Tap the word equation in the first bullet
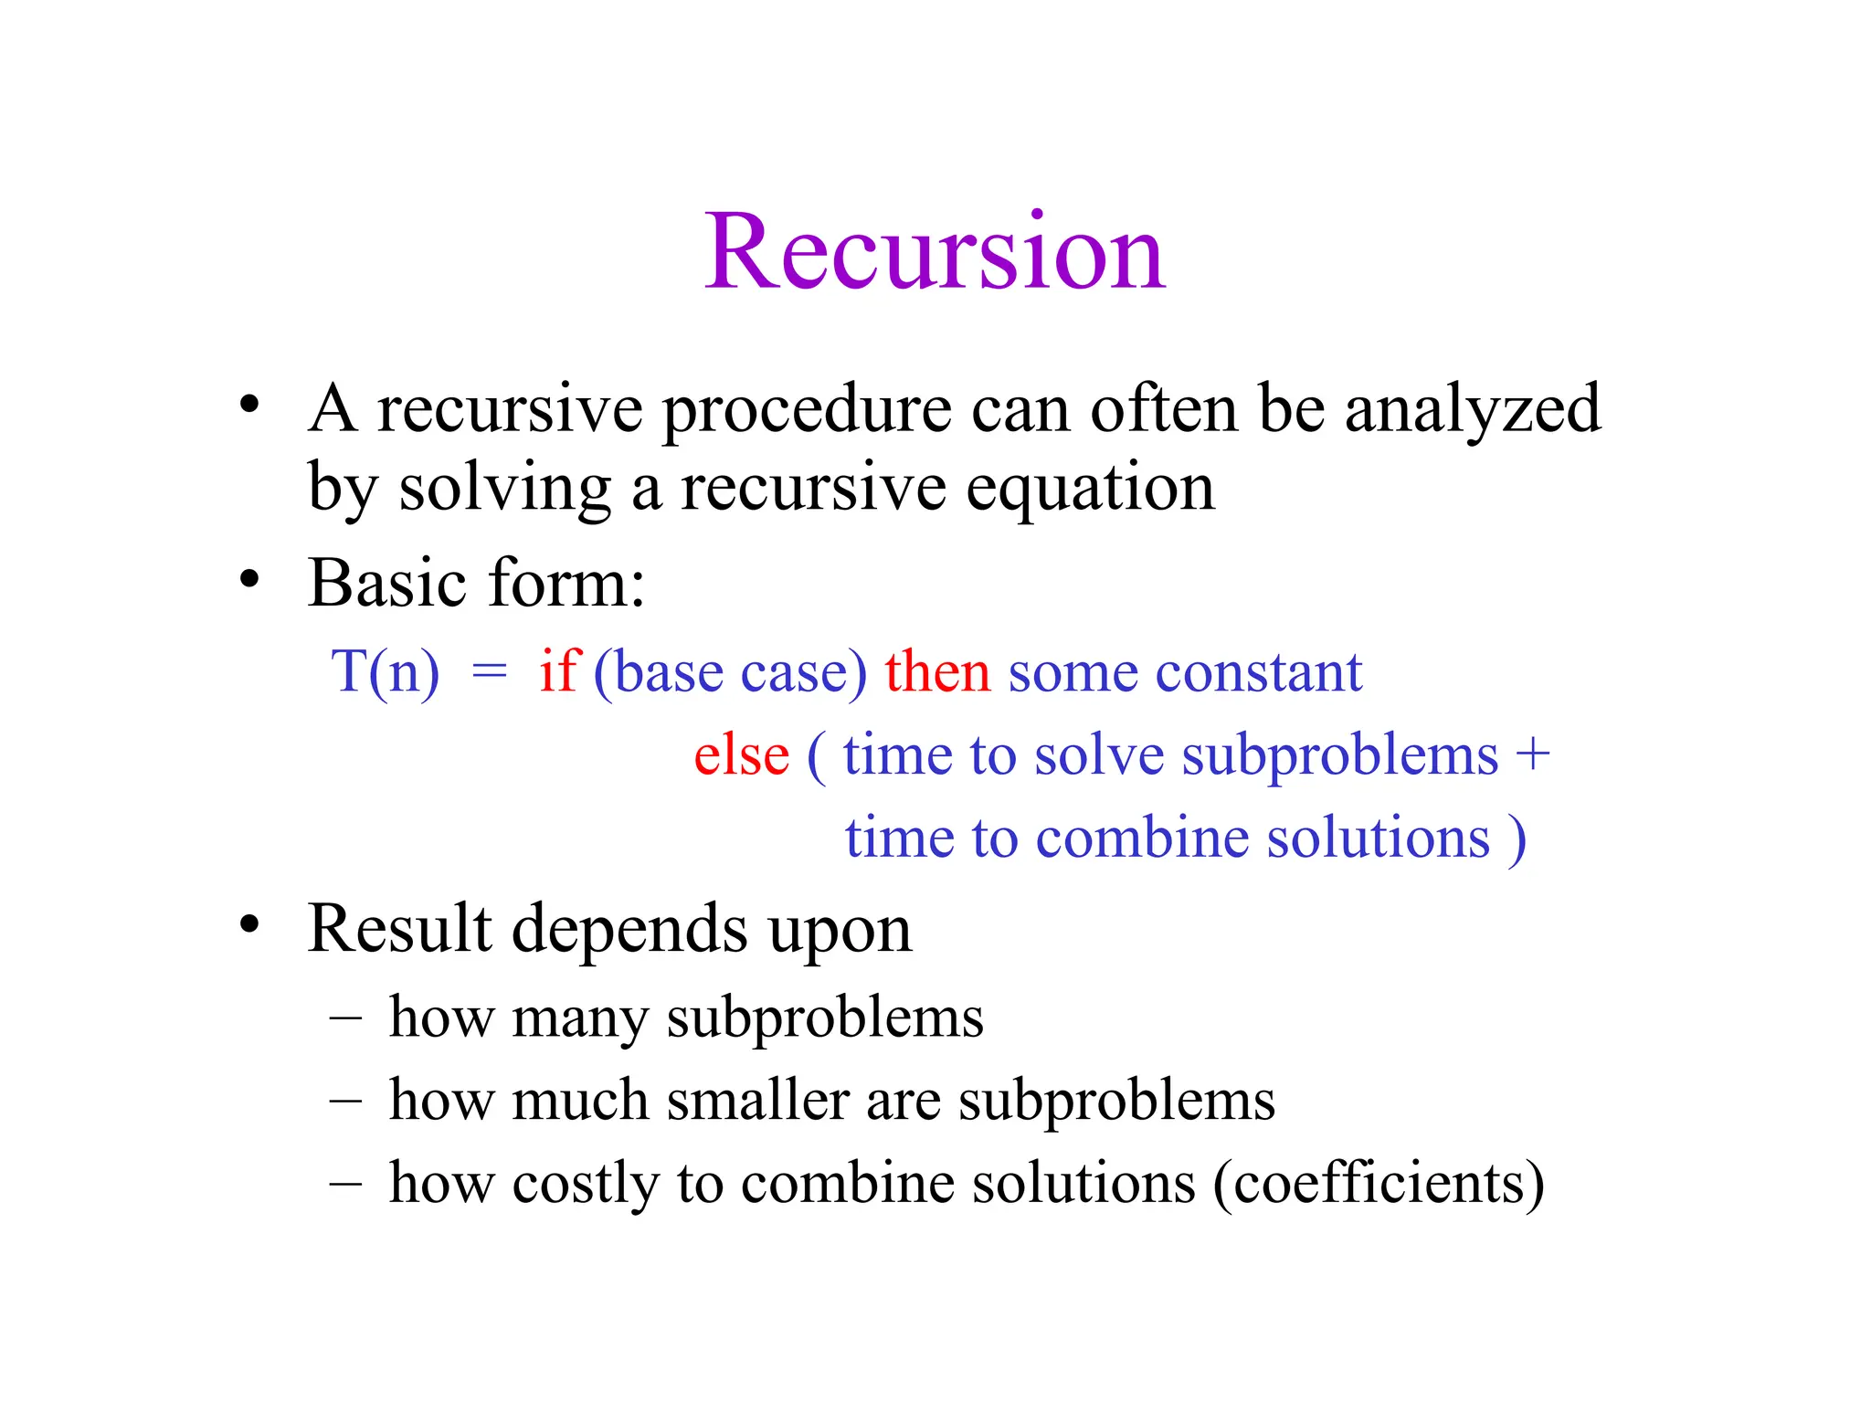(1090, 489)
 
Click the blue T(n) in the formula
(385, 672)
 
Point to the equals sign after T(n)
(489, 673)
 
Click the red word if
(558, 670)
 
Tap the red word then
(936, 671)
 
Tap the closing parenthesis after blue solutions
(1517, 839)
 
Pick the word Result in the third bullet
(400, 929)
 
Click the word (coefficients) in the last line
(1379, 1184)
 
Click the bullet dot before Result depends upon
(249, 925)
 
